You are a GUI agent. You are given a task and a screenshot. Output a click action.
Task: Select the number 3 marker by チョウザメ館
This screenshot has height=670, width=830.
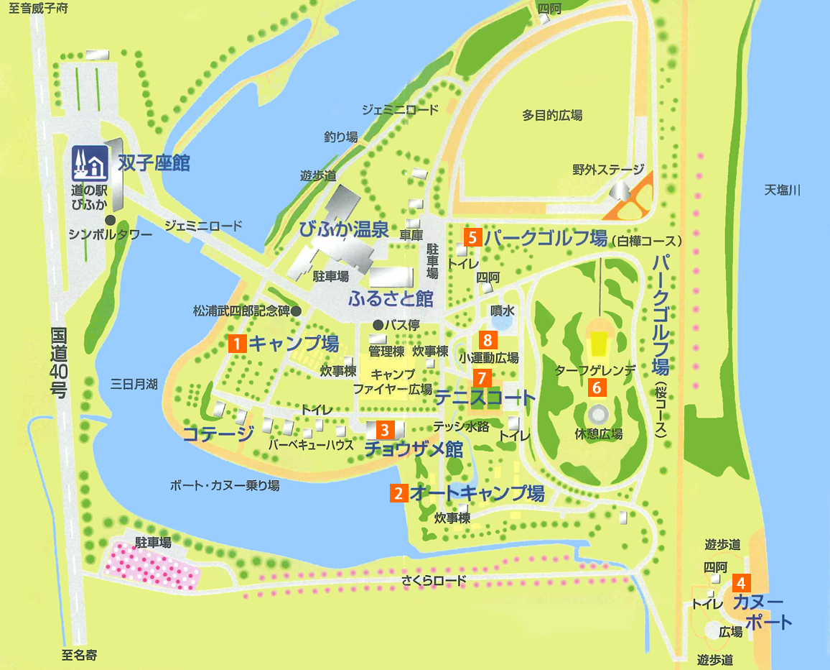tap(385, 430)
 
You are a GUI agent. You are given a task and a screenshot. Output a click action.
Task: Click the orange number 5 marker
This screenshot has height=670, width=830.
tap(472, 237)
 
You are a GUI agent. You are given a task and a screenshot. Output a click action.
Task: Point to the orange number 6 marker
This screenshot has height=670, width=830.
tap(597, 387)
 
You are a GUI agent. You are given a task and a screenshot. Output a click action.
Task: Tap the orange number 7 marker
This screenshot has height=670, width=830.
tap(481, 377)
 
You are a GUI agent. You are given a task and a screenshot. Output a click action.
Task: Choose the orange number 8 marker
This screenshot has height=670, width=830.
tap(488, 339)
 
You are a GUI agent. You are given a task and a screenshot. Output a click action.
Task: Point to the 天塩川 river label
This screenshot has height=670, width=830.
tap(781, 191)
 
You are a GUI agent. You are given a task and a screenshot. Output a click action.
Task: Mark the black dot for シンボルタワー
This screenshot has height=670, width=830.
tap(110, 220)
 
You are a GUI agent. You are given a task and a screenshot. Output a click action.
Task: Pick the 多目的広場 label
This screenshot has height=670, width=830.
tap(551, 115)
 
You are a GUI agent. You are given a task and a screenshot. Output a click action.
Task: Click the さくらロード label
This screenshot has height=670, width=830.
tap(434, 580)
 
